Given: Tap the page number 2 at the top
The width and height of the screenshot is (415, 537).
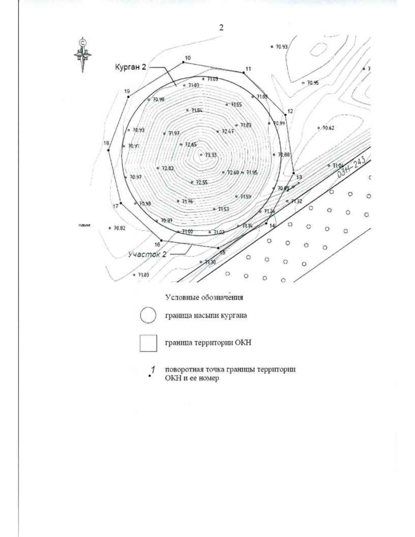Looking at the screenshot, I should click(x=221, y=28).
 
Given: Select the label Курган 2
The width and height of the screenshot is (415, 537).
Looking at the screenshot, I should click(x=130, y=68).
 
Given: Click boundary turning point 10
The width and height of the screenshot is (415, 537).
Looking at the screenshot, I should click(x=183, y=62).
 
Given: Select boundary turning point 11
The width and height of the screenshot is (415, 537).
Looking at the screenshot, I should click(x=244, y=72).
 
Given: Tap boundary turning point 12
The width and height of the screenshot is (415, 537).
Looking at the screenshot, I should click(x=285, y=114).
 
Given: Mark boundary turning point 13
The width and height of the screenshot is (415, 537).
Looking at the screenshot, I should click(x=294, y=173).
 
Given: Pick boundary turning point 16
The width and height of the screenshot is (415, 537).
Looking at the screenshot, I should click(x=161, y=240).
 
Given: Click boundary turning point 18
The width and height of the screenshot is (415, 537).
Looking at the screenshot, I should click(x=109, y=150).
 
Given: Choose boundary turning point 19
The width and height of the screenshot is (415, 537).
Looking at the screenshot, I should click(x=128, y=96).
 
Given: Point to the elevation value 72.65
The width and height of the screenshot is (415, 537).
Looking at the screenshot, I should click(x=191, y=145).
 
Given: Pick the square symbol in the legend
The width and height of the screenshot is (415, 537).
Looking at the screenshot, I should click(x=148, y=343).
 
